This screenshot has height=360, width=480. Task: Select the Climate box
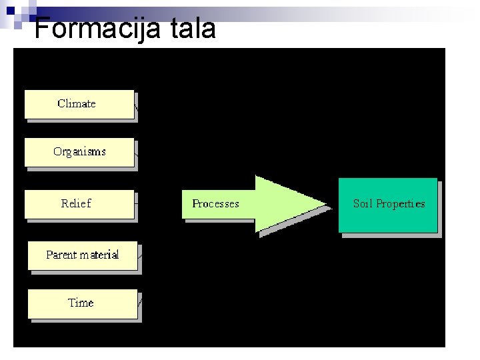coord(79,104)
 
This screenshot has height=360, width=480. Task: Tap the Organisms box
coord(79,152)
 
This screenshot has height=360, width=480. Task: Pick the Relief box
coord(79,204)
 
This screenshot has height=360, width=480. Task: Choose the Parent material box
coord(82,255)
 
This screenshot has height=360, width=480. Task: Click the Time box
coord(82,303)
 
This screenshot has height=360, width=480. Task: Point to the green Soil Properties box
coord(388,205)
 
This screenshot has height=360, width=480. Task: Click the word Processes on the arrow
coord(215,204)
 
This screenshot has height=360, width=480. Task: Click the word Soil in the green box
coord(363,204)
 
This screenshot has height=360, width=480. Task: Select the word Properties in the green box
coord(400,204)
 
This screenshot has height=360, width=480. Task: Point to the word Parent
coord(61,255)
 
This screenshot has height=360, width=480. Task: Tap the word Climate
coord(77,104)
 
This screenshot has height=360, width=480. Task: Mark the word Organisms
coord(79,152)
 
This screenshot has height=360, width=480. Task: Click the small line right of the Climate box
coord(137,104)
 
